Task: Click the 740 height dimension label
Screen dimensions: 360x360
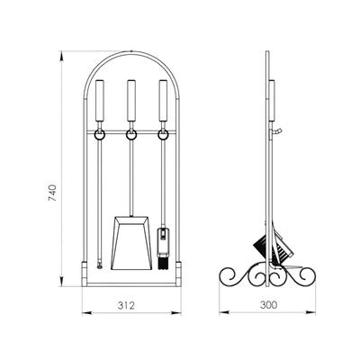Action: [52, 193]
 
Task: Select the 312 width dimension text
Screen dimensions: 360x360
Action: [126, 305]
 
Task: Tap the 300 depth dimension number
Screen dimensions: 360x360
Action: [268, 305]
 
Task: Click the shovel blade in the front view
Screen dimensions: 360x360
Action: [131, 243]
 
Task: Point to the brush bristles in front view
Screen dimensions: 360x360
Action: [163, 262]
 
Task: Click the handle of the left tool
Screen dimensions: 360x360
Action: [100, 101]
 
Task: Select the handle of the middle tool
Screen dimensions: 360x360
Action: [131, 101]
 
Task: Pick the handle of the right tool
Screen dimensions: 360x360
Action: [163, 101]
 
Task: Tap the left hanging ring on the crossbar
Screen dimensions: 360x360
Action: [99, 135]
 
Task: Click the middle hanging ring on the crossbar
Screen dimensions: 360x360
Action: [131, 135]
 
